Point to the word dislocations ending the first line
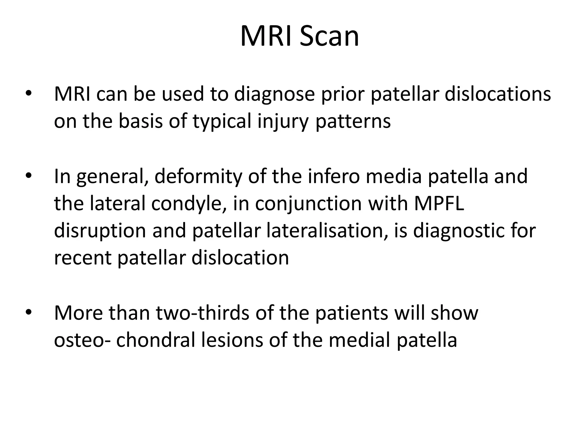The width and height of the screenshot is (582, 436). (x=498, y=94)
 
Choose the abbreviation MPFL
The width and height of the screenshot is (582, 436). (x=439, y=203)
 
